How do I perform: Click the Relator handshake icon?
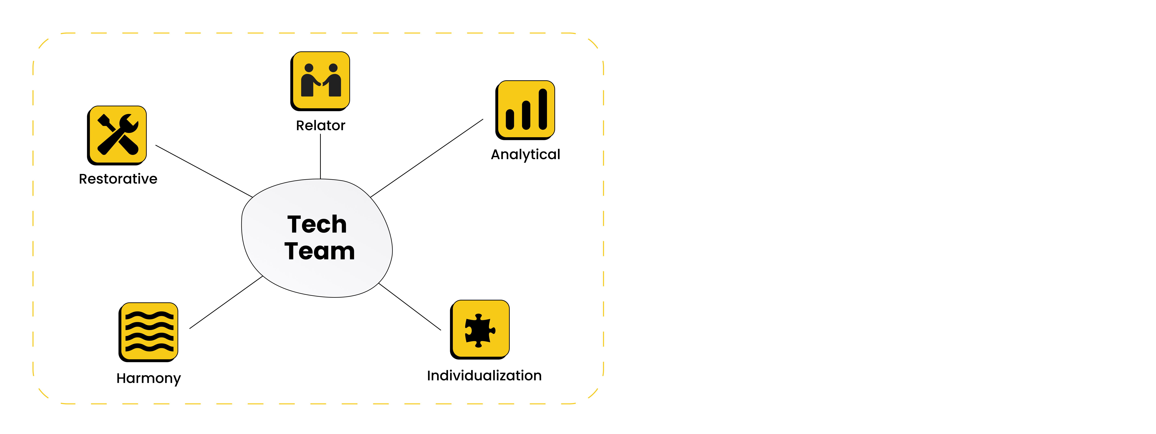320,81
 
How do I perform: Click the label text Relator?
320,125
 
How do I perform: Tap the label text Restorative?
118,179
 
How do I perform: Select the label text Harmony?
148,378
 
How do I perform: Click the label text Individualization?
484,376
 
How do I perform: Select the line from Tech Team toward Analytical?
426,158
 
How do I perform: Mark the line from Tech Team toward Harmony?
226,302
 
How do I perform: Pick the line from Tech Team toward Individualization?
410,306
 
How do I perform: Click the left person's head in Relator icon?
309,68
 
